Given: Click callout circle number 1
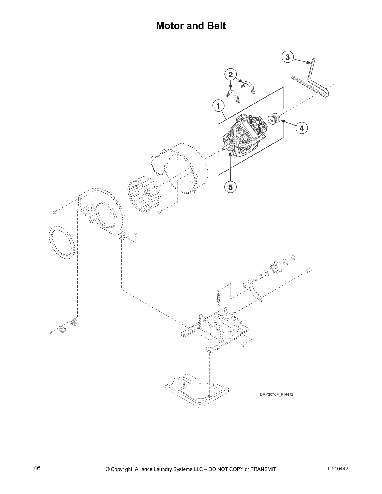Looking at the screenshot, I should click(x=219, y=106).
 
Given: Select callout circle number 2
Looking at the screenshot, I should click(x=231, y=75).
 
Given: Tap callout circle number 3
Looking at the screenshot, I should click(x=287, y=57).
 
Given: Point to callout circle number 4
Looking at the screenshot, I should click(x=301, y=128).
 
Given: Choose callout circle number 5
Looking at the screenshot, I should click(x=230, y=187).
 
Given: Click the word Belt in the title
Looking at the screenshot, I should click(x=215, y=26).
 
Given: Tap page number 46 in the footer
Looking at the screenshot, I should click(x=37, y=468).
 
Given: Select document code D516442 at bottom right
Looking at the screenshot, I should click(x=338, y=469).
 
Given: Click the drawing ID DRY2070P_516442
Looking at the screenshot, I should click(x=277, y=395).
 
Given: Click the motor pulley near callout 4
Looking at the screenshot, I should click(x=274, y=119).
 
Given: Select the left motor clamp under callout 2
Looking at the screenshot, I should click(x=233, y=95).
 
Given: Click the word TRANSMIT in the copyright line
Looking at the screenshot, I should click(x=263, y=469).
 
